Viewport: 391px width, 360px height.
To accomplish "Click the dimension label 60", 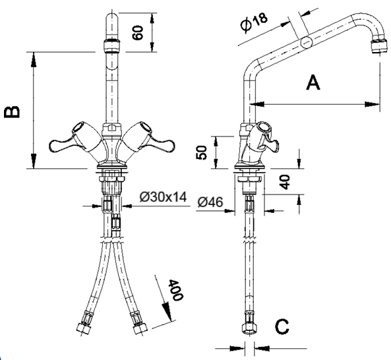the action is [x=138, y=32].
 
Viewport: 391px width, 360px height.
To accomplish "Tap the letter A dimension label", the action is [x=313, y=82].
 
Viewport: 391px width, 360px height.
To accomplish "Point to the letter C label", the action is [x=282, y=326].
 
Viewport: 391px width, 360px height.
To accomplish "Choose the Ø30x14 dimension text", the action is [x=163, y=197].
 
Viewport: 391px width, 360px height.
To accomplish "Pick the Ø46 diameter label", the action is [x=210, y=202].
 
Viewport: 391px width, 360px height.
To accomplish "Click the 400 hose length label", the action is [x=175, y=289].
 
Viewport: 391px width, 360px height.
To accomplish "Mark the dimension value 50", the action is [x=202, y=152].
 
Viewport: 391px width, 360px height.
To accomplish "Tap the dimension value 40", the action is [x=285, y=181].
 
